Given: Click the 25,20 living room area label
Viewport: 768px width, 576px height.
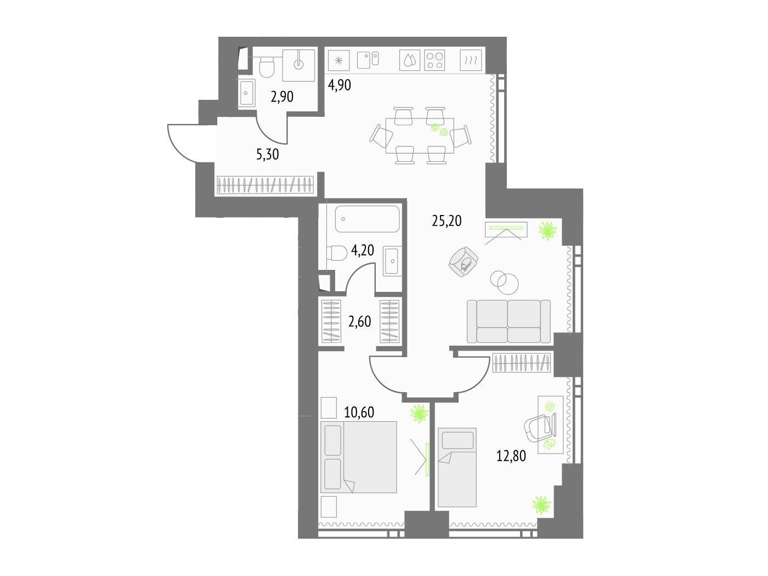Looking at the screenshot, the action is pos(447,221).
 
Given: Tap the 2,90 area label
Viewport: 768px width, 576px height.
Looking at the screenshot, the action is pos(282,97).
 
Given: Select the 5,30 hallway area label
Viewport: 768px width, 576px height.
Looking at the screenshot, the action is pos(267,154).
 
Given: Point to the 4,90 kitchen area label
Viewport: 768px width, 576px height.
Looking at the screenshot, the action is pos(339,85).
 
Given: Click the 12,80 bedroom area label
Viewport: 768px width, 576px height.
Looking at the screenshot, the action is pos(511,456).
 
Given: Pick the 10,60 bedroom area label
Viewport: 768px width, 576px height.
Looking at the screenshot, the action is pos(359,413).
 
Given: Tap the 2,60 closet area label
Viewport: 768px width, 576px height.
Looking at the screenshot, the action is pos(359,321).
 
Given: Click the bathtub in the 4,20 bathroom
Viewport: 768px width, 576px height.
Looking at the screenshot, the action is pos(367,219).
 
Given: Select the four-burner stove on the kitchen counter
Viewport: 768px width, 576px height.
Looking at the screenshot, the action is pos(434,60).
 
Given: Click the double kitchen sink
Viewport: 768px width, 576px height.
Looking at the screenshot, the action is pos(368,60).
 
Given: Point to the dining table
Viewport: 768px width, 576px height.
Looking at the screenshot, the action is pos(420,135).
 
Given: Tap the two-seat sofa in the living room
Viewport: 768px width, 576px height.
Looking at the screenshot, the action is pos(509,321).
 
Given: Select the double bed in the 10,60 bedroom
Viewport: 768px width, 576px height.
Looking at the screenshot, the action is pos(359,457).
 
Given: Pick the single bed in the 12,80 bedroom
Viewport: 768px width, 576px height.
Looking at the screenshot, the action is pos(457,467).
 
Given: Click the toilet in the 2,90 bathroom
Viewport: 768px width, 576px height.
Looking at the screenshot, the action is pos(268,68).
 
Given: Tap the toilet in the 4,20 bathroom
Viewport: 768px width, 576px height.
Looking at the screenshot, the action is pos(337,252).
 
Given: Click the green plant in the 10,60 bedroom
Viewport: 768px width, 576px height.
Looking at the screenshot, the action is pos(419,414).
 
